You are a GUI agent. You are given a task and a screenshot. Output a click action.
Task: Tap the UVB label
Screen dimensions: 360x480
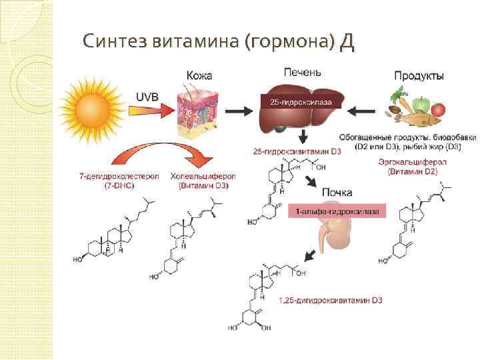coord(147,97)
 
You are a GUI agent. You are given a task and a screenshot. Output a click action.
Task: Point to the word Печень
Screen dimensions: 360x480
coord(303,71)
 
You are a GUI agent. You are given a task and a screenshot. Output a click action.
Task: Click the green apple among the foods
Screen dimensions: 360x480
coord(421,104)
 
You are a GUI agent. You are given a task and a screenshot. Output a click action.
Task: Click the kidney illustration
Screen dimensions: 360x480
coord(331,235)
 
